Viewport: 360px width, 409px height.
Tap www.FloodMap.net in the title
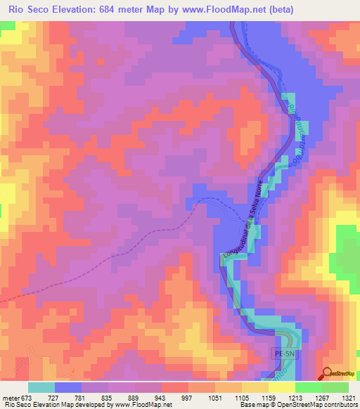click(219, 9)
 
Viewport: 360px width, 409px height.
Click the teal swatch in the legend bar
click(41, 387)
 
